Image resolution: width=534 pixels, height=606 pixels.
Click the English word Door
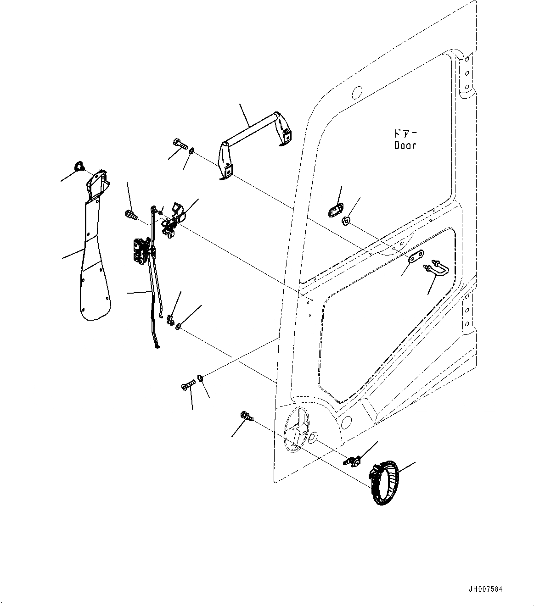(x=405, y=145)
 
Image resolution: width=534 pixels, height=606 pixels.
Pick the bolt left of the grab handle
(x=180, y=144)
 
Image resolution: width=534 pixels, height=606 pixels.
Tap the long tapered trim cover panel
(x=96, y=257)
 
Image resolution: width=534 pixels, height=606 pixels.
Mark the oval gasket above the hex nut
(x=337, y=211)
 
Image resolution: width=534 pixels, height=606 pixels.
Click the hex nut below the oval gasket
(x=347, y=222)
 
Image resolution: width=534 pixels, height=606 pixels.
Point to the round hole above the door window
(x=356, y=93)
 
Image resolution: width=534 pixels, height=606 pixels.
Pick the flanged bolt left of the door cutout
(x=247, y=417)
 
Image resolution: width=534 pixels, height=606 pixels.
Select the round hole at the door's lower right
(x=348, y=421)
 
